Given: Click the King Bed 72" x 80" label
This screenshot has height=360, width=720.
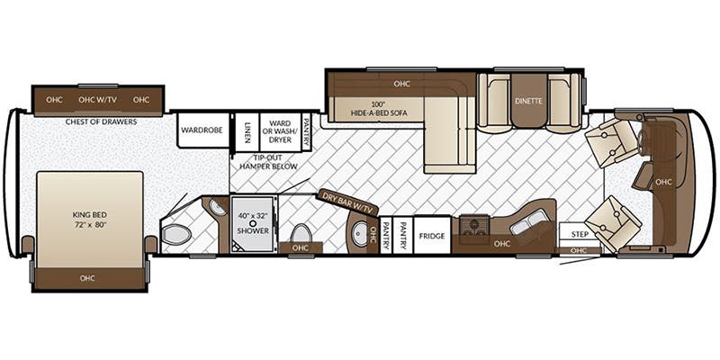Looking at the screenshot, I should coord(89,220).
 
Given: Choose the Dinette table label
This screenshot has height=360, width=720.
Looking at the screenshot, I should coord(528,101).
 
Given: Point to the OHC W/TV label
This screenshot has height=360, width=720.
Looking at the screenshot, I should coord(98,99).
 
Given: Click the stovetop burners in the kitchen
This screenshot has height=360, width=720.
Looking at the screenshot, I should coord(474,225).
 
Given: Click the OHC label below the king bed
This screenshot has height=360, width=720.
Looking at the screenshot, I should coord(88,277).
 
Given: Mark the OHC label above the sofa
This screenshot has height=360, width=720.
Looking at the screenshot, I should coord(401,84).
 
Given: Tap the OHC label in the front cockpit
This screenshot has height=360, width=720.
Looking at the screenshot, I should coord(663,181).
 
